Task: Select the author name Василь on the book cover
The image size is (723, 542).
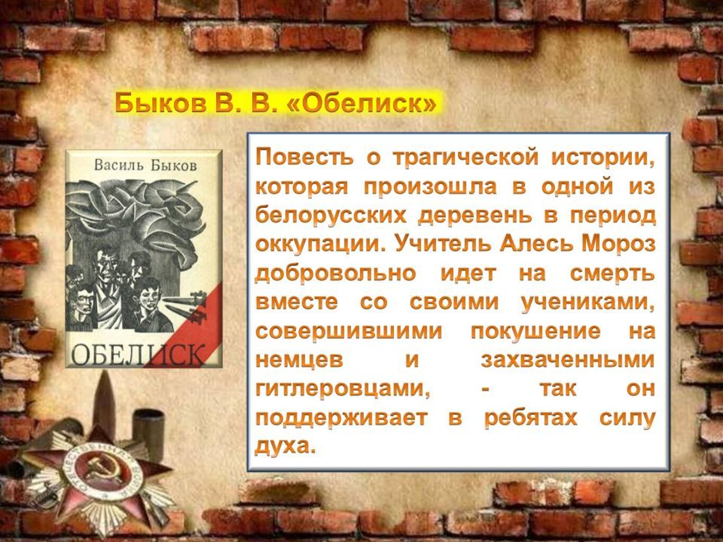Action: click(119, 165)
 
